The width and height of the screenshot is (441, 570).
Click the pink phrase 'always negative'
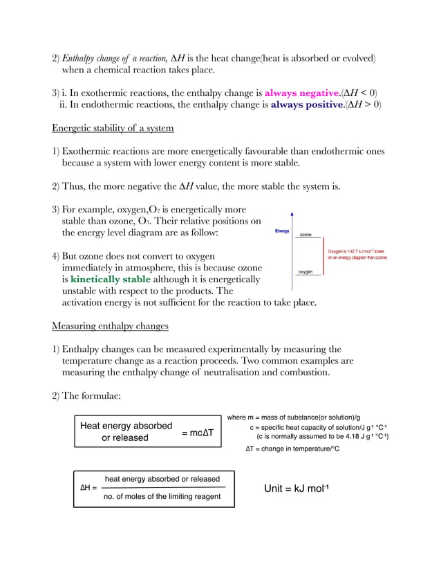click(x=301, y=92)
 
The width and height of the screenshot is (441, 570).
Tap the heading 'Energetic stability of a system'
click(x=113, y=128)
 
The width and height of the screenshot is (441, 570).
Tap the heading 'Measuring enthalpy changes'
click(x=110, y=326)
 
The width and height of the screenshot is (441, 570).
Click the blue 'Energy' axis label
click(x=282, y=231)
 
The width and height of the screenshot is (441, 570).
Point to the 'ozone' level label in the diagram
click(x=305, y=235)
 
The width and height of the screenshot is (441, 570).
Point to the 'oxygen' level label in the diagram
click(x=305, y=272)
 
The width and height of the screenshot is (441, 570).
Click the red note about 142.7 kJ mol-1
click(x=357, y=255)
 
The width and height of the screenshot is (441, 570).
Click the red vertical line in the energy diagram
click(x=323, y=257)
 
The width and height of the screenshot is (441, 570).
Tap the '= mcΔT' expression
click(x=198, y=433)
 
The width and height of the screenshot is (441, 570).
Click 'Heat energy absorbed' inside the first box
click(x=126, y=426)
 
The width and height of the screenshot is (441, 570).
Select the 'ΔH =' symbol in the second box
click(x=88, y=487)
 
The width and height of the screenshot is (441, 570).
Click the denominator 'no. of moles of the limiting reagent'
click(x=162, y=496)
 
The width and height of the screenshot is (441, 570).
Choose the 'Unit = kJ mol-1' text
click(x=296, y=489)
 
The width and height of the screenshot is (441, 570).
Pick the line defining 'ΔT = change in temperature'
click(x=292, y=449)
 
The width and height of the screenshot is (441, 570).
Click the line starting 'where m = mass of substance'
click(x=294, y=417)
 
